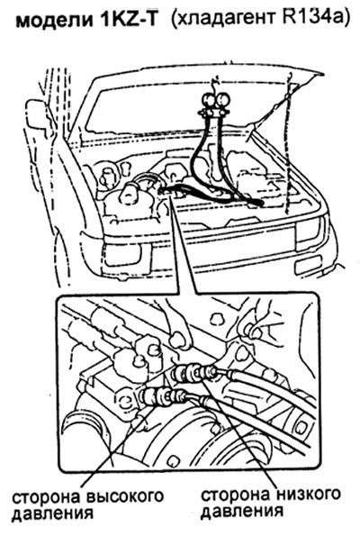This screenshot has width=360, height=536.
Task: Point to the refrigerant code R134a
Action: click(310, 18)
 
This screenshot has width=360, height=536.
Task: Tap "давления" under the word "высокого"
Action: click(52, 514)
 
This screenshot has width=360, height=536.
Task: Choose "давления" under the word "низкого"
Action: click(242, 512)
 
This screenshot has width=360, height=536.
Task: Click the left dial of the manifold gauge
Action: click(209, 101)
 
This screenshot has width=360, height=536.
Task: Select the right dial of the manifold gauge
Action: click(223, 101)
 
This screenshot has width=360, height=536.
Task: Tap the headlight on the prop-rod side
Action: click(309, 230)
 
